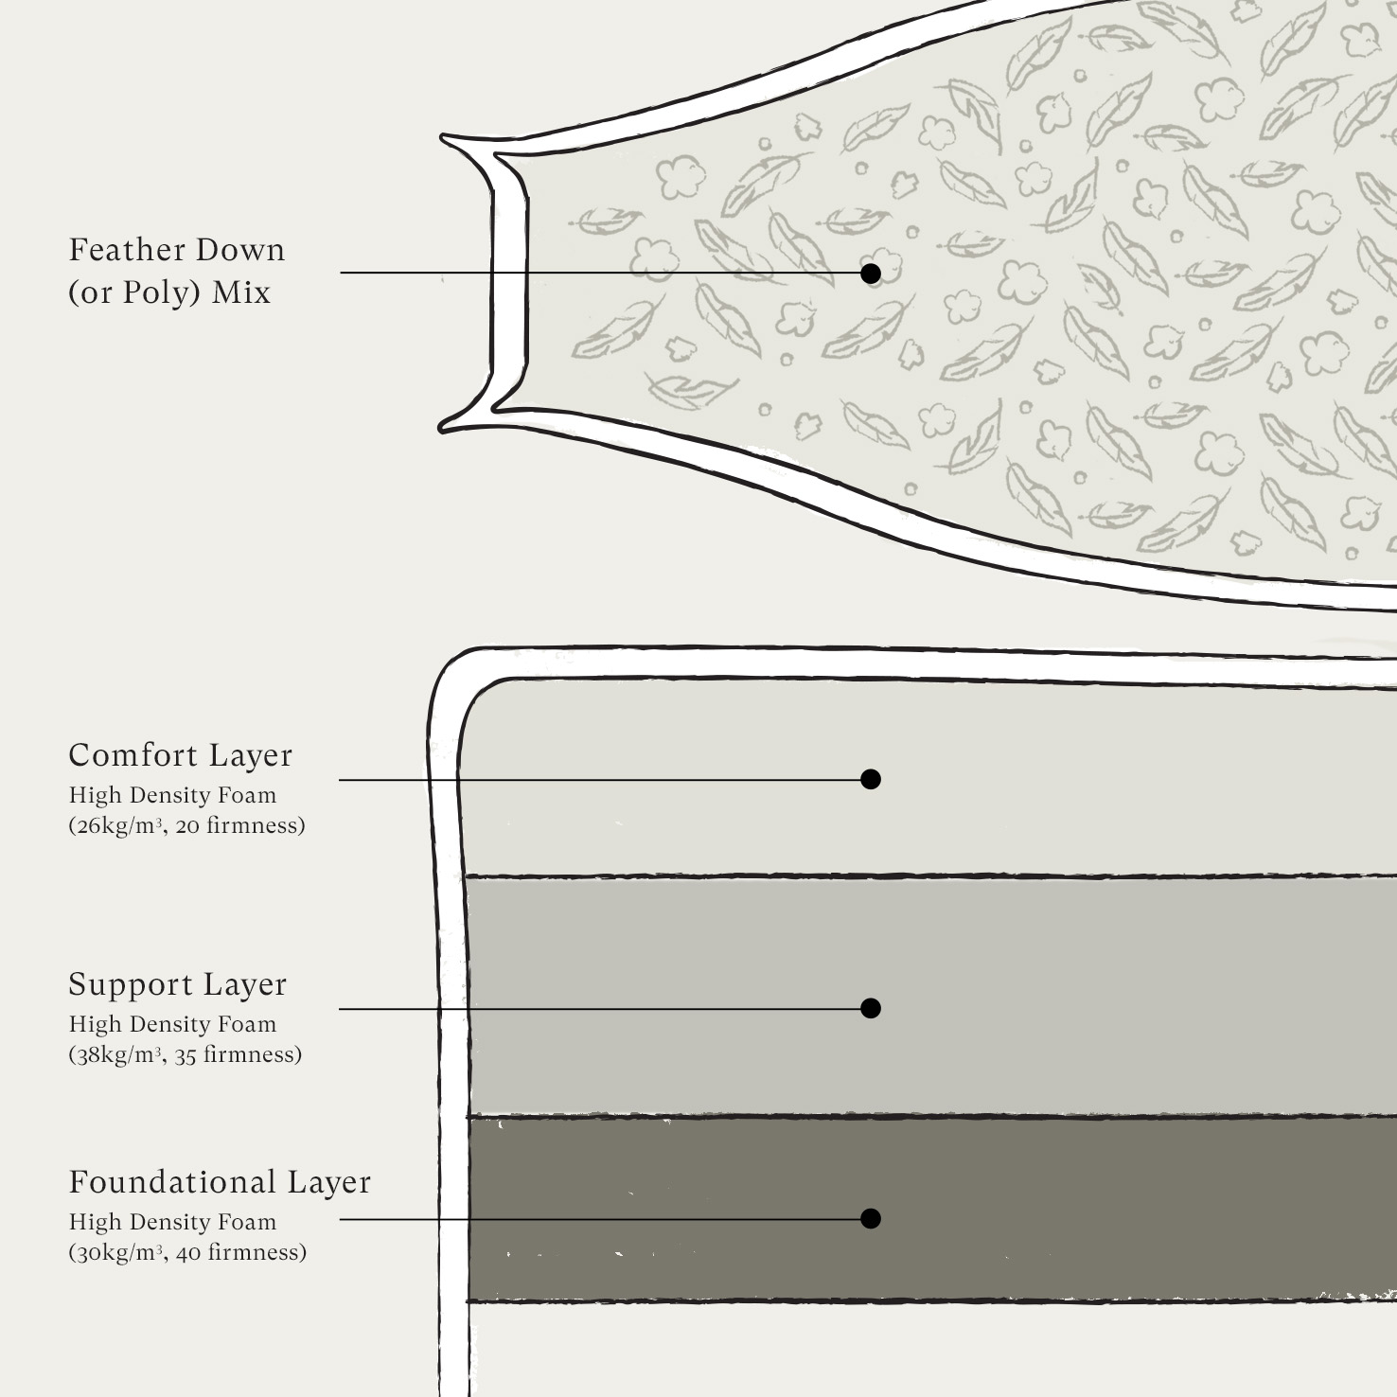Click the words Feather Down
pyautogui.click(x=177, y=250)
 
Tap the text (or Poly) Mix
pyautogui.click(x=169, y=292)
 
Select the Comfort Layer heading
pyautogui.click(x=181, y=755)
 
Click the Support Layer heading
pyautogui.click(x=177, y=984)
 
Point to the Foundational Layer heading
pyautogui.click(x=220, y=1182)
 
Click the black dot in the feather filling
pyautogui.click(x=871, y=274)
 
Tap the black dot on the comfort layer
pyautogui.click(x=871, y=779)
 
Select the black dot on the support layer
pyautogui.click(x=871, y=1008)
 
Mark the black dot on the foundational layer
pyautogui.click(x=871, y=1218)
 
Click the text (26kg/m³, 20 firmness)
pyautogui.click(x=186, y=825)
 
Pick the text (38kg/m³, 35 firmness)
pyautogui.click(x=186, y=1054)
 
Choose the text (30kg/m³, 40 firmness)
pyautogui.click(x=187, y=1252)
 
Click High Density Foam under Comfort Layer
pyautogui.click(x=172, y=795)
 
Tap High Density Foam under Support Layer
pyautogui.click(x=172, y=1024)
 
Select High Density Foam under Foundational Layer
pyautogui.click(x=172, y=1222)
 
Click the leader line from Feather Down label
pyautogui.click(x=601, y=273)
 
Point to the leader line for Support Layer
pyautogui.click(x=600, y=1009)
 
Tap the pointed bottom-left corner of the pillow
pyautogui.click(x=442, y=429)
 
